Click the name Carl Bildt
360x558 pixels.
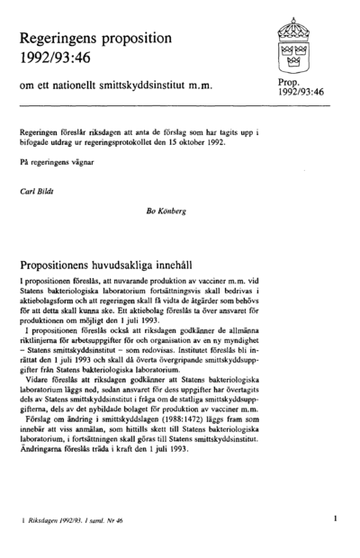(40, 192)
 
